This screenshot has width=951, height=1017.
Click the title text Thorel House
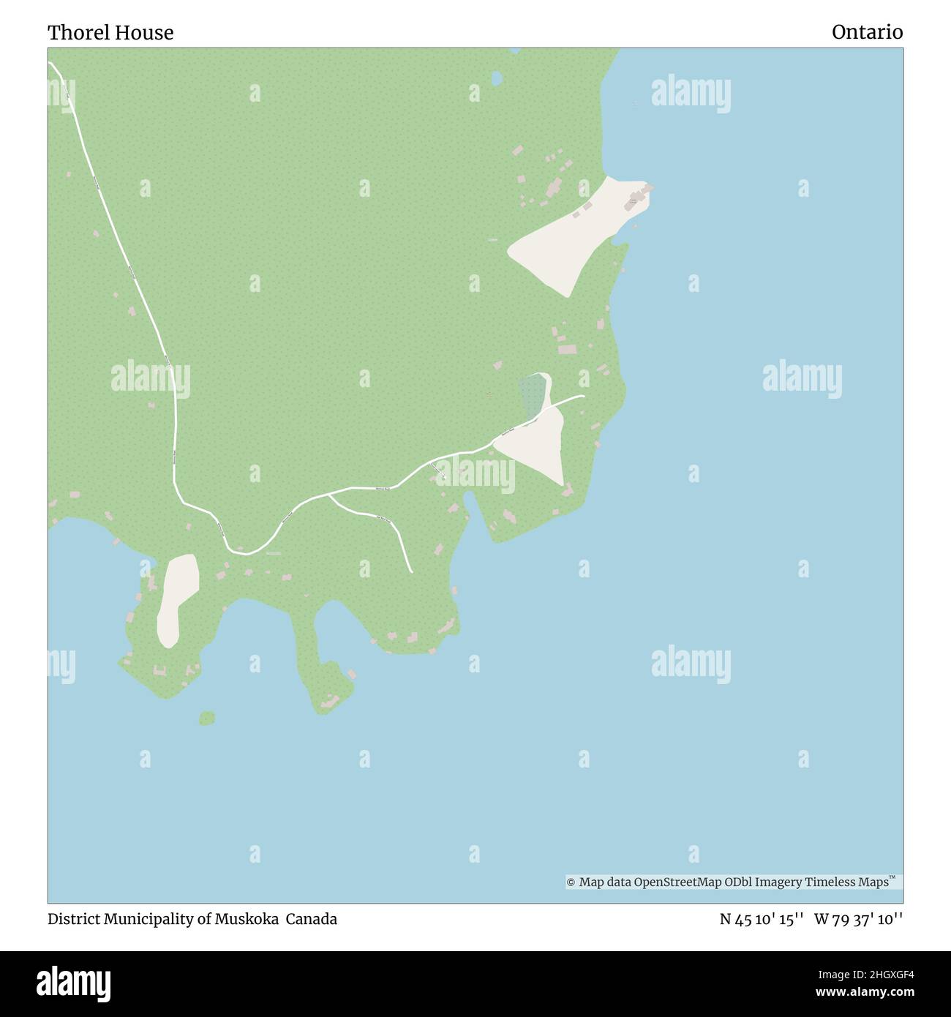110,33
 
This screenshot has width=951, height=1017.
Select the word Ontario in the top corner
867,32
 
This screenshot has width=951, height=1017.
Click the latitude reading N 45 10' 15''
762,920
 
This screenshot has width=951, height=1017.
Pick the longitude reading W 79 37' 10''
858,920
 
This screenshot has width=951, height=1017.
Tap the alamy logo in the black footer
74,983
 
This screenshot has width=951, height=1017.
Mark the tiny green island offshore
207,718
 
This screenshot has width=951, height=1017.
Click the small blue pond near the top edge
497,77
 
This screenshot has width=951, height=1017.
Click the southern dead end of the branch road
412,571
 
